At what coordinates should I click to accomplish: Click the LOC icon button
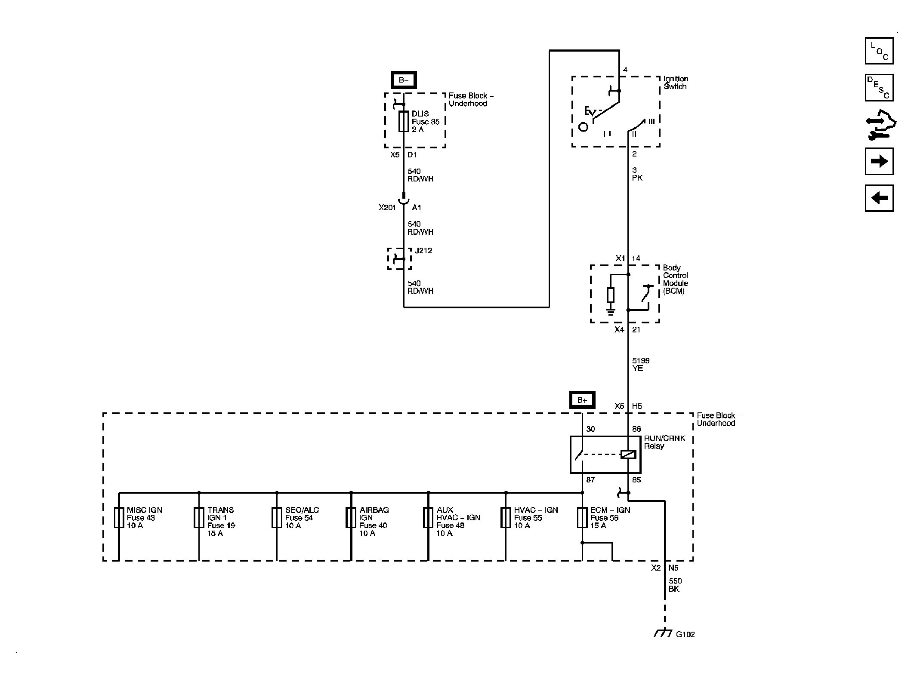coord(879,51)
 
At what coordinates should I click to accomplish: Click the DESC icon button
coord(879,88)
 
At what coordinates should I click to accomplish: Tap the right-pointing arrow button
coord(879,161)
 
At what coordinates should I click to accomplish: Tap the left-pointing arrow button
coord(879,198)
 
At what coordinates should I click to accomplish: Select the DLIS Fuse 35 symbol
coord(403,121)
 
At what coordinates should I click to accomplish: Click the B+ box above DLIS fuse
coord(403,80)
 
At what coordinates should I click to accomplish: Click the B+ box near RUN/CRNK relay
coord(582,400)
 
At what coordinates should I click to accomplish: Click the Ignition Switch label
coord(676,83)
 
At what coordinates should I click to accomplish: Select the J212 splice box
coord(399,258)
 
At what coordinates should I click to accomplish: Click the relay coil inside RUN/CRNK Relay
coord(628,454)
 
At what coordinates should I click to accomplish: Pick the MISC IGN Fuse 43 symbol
coord(119,517)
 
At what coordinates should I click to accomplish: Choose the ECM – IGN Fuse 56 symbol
coord(582,517)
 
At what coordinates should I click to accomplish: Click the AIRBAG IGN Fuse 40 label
coord(374,521)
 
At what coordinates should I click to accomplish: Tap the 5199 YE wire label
coord(640,364)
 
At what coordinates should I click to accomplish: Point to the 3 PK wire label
coord(637,174)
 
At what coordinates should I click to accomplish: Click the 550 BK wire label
coord(675,585)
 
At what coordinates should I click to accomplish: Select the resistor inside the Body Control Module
coord(610,295)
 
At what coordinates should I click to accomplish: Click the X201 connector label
coord(387,208)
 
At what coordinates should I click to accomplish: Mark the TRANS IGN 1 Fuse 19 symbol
coord(198,517)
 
